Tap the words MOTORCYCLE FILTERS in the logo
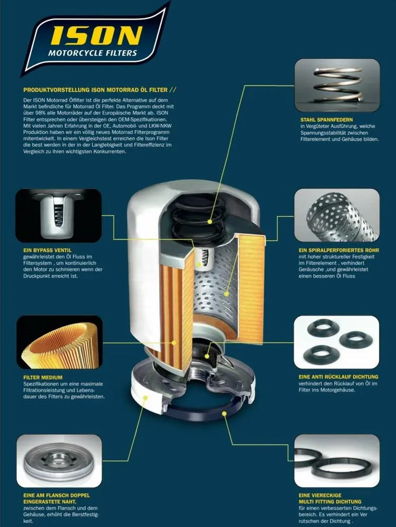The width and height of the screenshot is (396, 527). point(92,53)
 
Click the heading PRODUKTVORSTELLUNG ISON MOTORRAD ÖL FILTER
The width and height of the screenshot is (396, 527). point(95,90)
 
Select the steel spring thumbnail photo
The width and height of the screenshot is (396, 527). point(337,85)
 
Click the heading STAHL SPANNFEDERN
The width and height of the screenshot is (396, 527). point(327,120)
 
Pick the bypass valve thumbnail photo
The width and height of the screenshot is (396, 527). point(59,216)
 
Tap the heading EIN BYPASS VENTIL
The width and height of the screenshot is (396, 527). point(47,250)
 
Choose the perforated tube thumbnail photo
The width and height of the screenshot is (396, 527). point(337,215)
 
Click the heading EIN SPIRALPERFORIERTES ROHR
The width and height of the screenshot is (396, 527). point(339,250)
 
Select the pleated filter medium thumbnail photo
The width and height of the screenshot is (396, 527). point(60,343)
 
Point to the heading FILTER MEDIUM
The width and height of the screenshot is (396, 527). point(43,377)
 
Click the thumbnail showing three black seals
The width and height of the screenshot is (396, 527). point(336,342)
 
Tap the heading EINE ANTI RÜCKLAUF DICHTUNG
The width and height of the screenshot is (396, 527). point(339,377)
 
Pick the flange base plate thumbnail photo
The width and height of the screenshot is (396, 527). point(59,461)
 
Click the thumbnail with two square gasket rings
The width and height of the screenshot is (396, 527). point(337,461)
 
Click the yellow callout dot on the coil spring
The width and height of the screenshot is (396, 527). point(210,221)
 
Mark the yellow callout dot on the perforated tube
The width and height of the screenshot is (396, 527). point(227,294)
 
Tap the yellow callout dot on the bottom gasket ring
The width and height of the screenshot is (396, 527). point(224,413)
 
